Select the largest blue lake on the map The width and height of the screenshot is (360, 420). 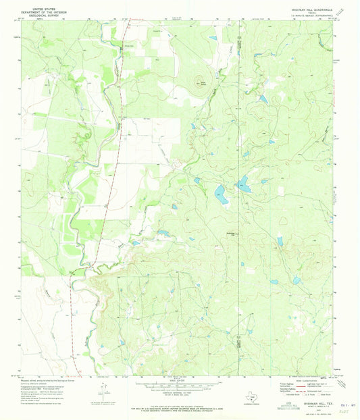coord(221,195)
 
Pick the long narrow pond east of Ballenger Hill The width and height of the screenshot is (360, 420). coord(279,241)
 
